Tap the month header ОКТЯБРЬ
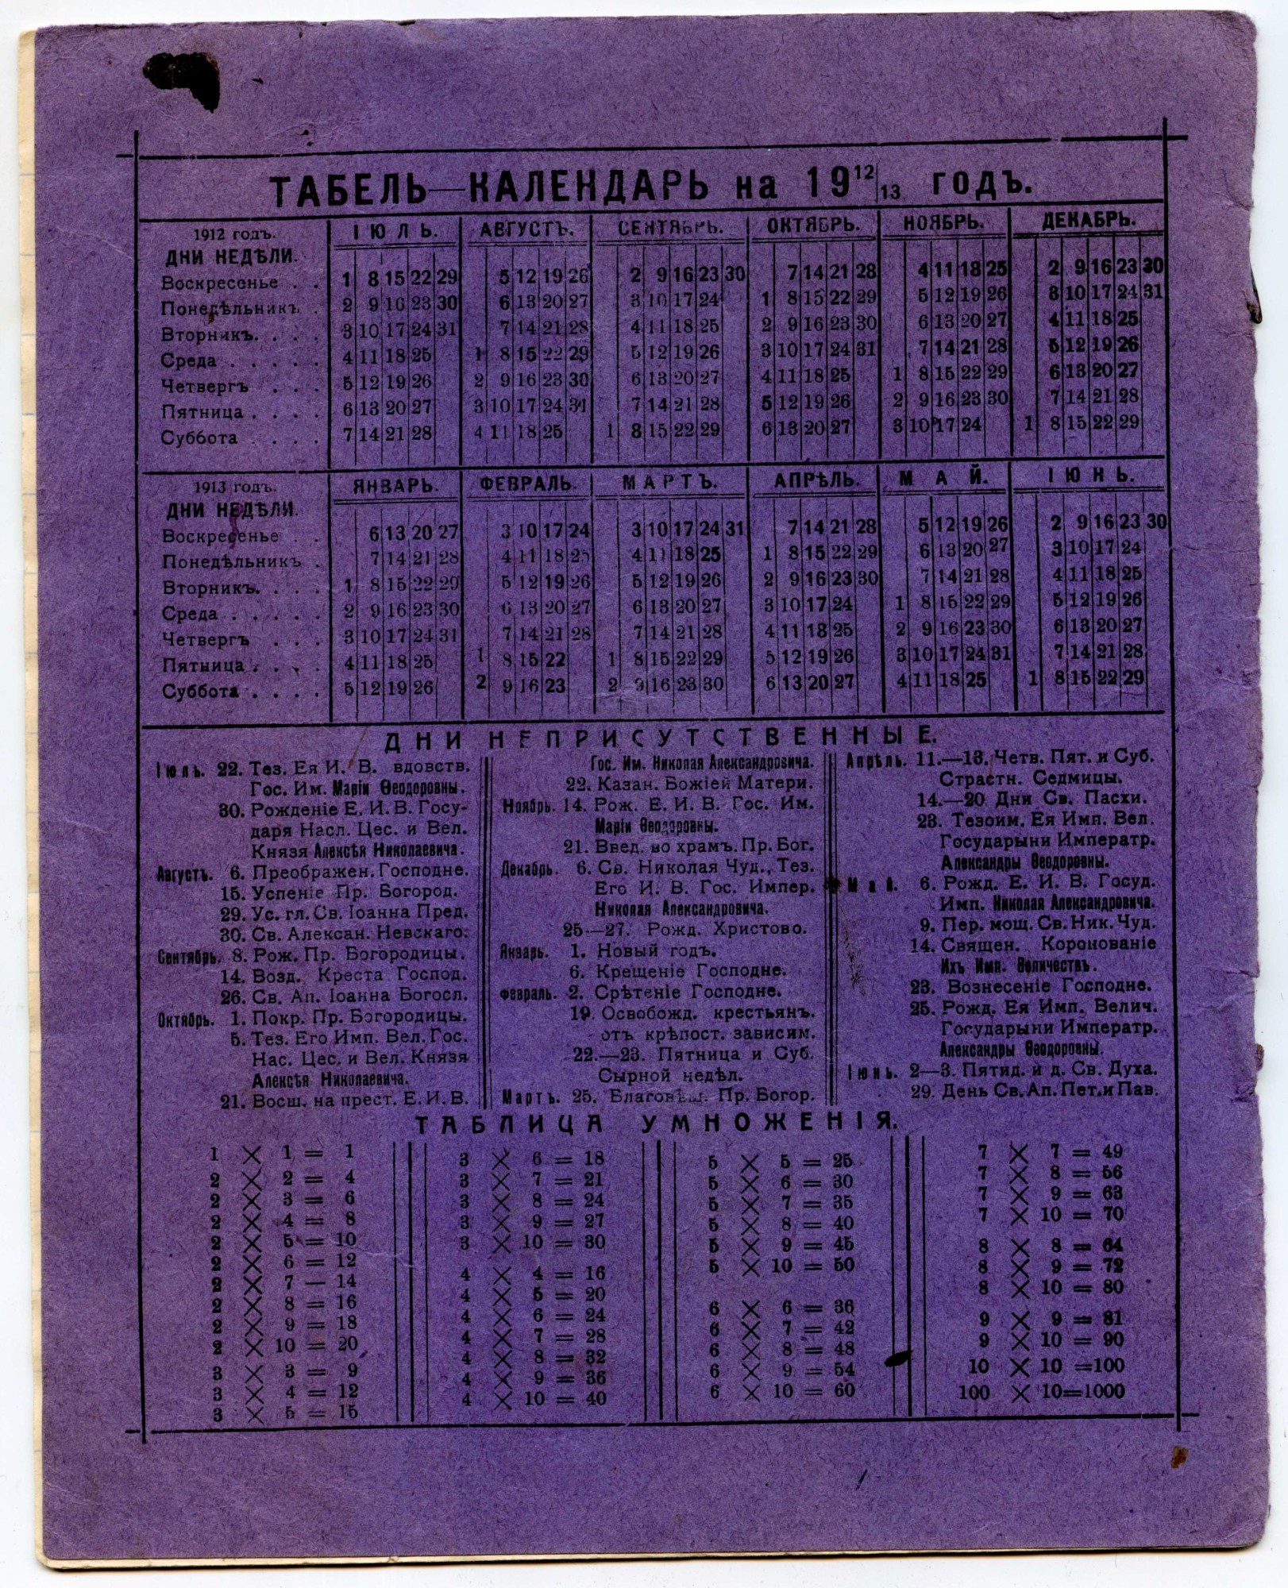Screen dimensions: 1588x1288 812,225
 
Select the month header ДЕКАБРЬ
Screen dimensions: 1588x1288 1088,220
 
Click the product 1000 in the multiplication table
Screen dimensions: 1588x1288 1099,1390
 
